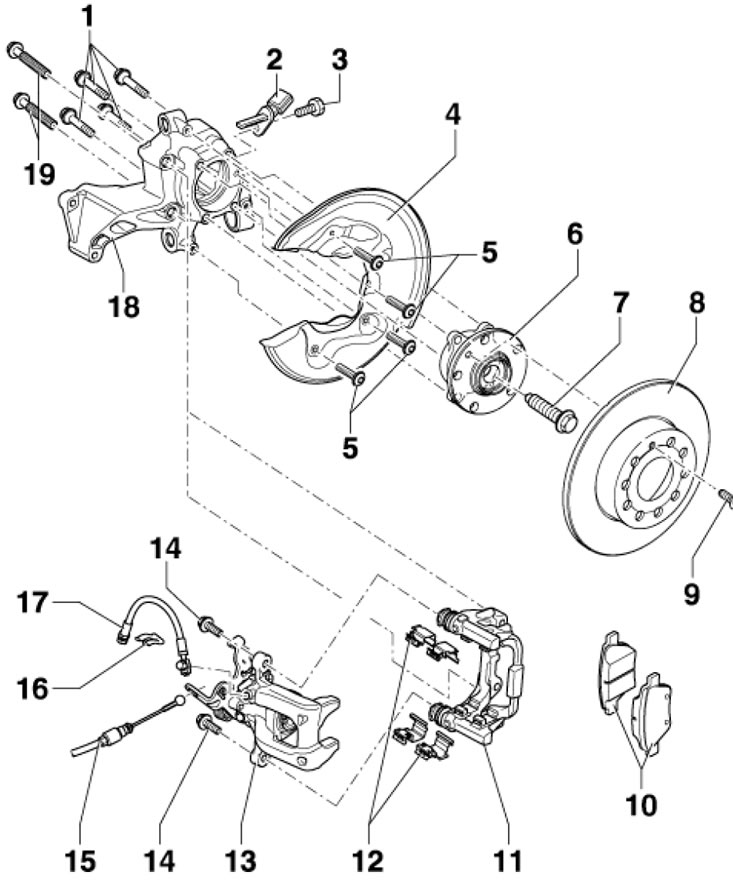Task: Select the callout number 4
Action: pos(453,114)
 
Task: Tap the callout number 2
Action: pos(273,60)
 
